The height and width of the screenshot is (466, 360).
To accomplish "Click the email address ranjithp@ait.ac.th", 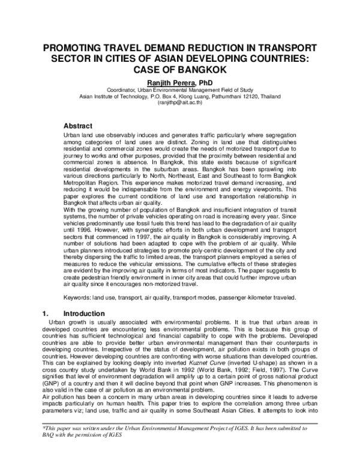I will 180,103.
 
